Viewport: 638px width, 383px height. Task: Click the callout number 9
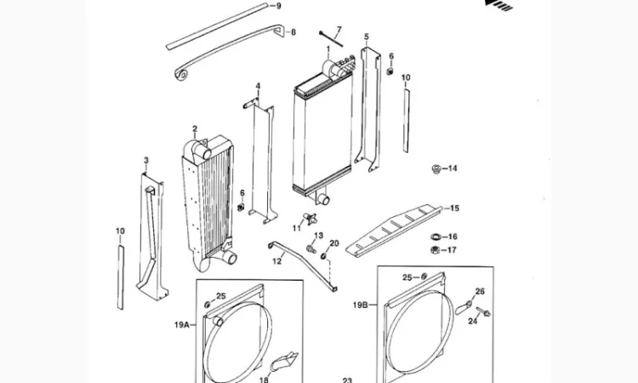pyautogui.click(x=279, y=6)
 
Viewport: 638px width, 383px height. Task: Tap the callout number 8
pyautogui.click(x=293, y=32)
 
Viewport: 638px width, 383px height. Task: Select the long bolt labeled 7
pyautogui.click(x=331, y=39)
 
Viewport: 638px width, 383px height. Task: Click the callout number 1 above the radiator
pyautogui.click(x=328, y=49)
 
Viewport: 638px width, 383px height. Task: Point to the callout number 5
pyautogui.click(x=367, y=37)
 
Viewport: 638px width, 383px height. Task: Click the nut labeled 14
pyautogui.click(x=436, y=169)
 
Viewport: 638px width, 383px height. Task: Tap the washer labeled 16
pyautogui.click(x=436, y=237)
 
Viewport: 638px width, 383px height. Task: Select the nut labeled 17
pyautogui.click(x=435, y=250)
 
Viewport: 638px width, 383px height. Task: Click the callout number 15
pyautogui.click(x=454, y=209)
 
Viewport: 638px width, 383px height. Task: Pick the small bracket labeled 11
pyautogui.click(x=310, y=219)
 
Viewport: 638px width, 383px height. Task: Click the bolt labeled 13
pyautogui.click(x=311, y=249)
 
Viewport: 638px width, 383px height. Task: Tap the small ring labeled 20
pyautogui.click(x=324, y=255)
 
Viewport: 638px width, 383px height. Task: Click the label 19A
pyautogui.click(x=182, y=325)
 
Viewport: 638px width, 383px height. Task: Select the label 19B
pyautogui.click(x=360, y=305)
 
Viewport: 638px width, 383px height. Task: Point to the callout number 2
pyautogui.click(x=195, y=129)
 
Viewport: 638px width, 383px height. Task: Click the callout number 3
pyautogui.click(x=146, y=161)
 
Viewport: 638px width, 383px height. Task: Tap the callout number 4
pyautogui.click(x=258, y=86)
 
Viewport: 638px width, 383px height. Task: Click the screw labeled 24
pyautogui.click(x=483, y=312)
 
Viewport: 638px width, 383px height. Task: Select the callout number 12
pyautogui.click(x=277, y=261)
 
